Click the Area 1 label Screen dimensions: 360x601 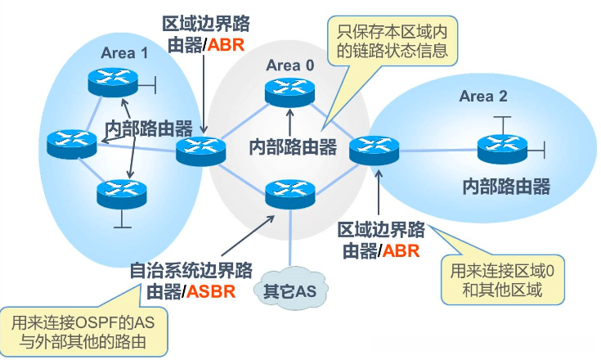[124, 54]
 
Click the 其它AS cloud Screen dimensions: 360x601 [285, 290]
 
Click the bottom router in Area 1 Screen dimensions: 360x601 [119, 194]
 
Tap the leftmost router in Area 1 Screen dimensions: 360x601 [70, 144]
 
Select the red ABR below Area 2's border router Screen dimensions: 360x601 [401, 250]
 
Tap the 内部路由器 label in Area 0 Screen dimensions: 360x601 [293, 146]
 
